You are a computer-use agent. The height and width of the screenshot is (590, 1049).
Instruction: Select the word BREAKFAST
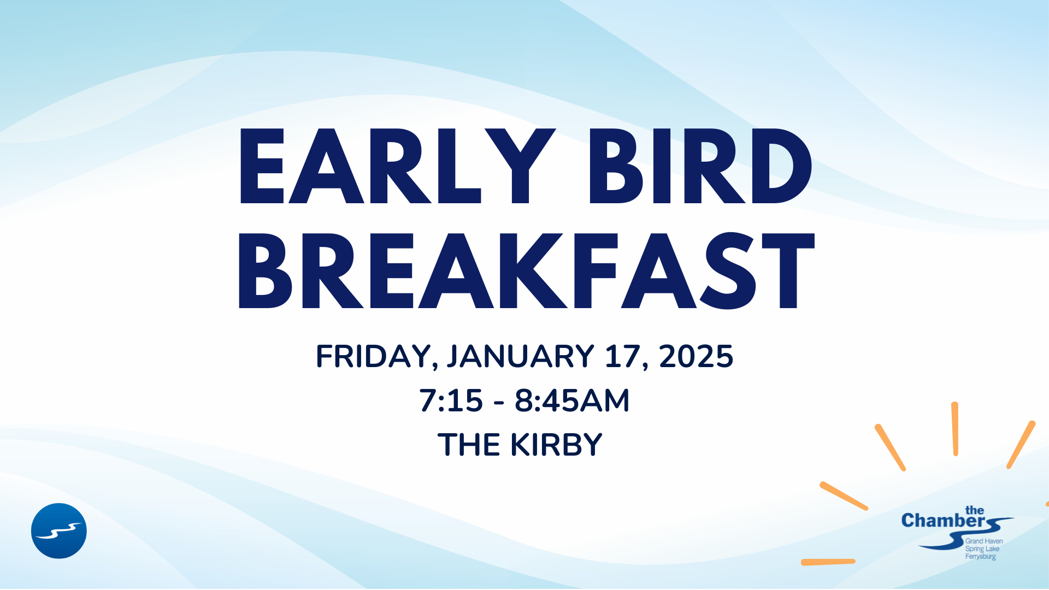click(526, 271)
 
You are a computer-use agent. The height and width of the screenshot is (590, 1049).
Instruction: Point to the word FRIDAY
click(376, 357)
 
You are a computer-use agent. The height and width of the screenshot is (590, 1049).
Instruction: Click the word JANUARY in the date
click(521, 356)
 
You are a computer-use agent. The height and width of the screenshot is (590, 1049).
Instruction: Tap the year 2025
click(696, 356)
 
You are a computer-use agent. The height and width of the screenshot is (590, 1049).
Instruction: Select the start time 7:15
click(451, 400)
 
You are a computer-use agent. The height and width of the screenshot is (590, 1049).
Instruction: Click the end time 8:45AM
click(572, 400)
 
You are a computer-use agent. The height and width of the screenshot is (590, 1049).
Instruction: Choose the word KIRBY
click(556, 445)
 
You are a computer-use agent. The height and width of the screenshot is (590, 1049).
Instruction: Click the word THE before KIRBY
click(469, 445)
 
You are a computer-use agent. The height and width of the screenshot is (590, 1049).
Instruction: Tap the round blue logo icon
click(59, 531)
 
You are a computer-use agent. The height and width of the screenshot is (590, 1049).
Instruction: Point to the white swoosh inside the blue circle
click(59, 531)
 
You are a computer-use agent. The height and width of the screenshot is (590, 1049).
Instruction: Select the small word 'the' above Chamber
click(975, 510)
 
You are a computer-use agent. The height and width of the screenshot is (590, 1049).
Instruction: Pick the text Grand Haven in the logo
click(984, 541)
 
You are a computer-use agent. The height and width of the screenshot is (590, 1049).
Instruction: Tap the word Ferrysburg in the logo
click(981, 557)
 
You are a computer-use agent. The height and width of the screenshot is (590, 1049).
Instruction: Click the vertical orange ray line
click(955, 429)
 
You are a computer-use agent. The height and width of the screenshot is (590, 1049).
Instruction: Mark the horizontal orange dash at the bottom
click(828, 562)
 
